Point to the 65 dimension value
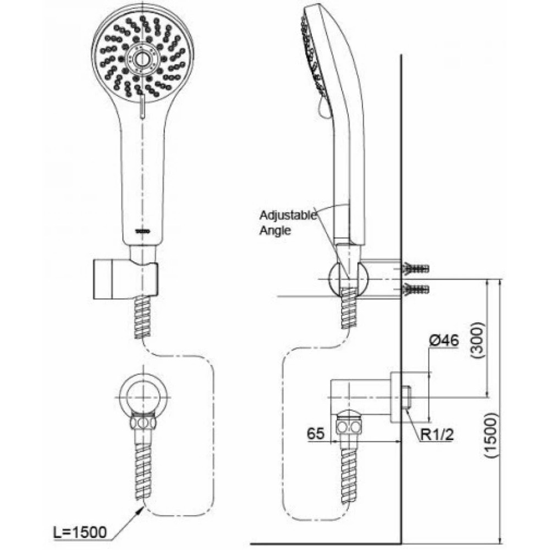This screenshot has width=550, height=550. coord(316,432)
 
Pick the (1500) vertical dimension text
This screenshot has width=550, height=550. coord(493,438)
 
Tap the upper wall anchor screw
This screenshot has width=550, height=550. coord(416,269)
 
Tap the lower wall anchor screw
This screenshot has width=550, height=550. coord(416,288)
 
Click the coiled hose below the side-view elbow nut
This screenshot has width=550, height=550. coord(349,468)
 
